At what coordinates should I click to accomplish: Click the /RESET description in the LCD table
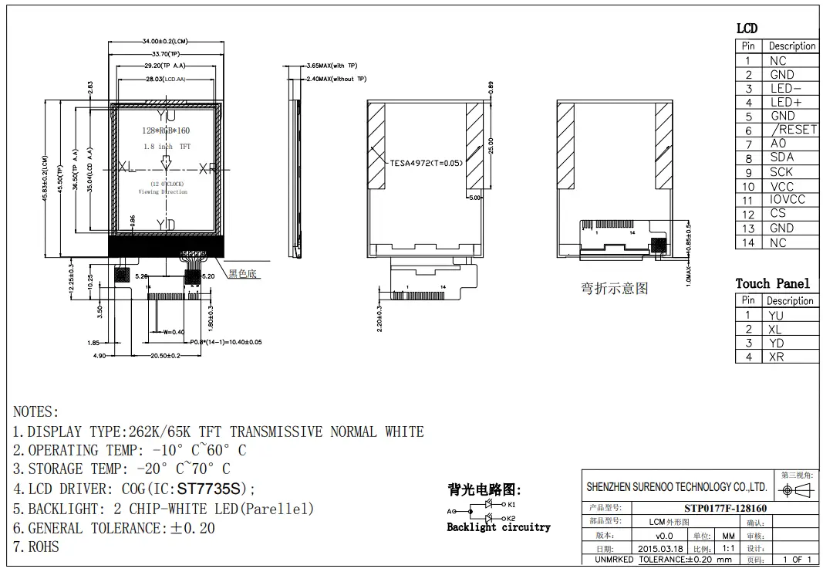pos(793,130)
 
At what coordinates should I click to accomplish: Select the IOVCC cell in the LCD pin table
pos(787,199)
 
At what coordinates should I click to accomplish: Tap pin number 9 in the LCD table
pos(747,172)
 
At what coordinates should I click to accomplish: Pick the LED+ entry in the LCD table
pos(785,102)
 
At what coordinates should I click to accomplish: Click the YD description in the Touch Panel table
pos(776,343)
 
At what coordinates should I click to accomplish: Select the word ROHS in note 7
pos(44,547)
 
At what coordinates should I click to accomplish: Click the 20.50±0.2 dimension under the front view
pos(165,356)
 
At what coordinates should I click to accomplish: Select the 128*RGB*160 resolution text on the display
pos(166,131)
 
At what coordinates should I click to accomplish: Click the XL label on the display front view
pos(126,168)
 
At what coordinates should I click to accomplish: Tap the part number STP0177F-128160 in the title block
pos(725,508)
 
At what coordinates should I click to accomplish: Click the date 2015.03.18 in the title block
pos(660,548)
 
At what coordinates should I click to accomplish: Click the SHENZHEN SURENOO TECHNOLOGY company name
pos(676,487)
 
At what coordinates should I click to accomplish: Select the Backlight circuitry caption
pos(498,527)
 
